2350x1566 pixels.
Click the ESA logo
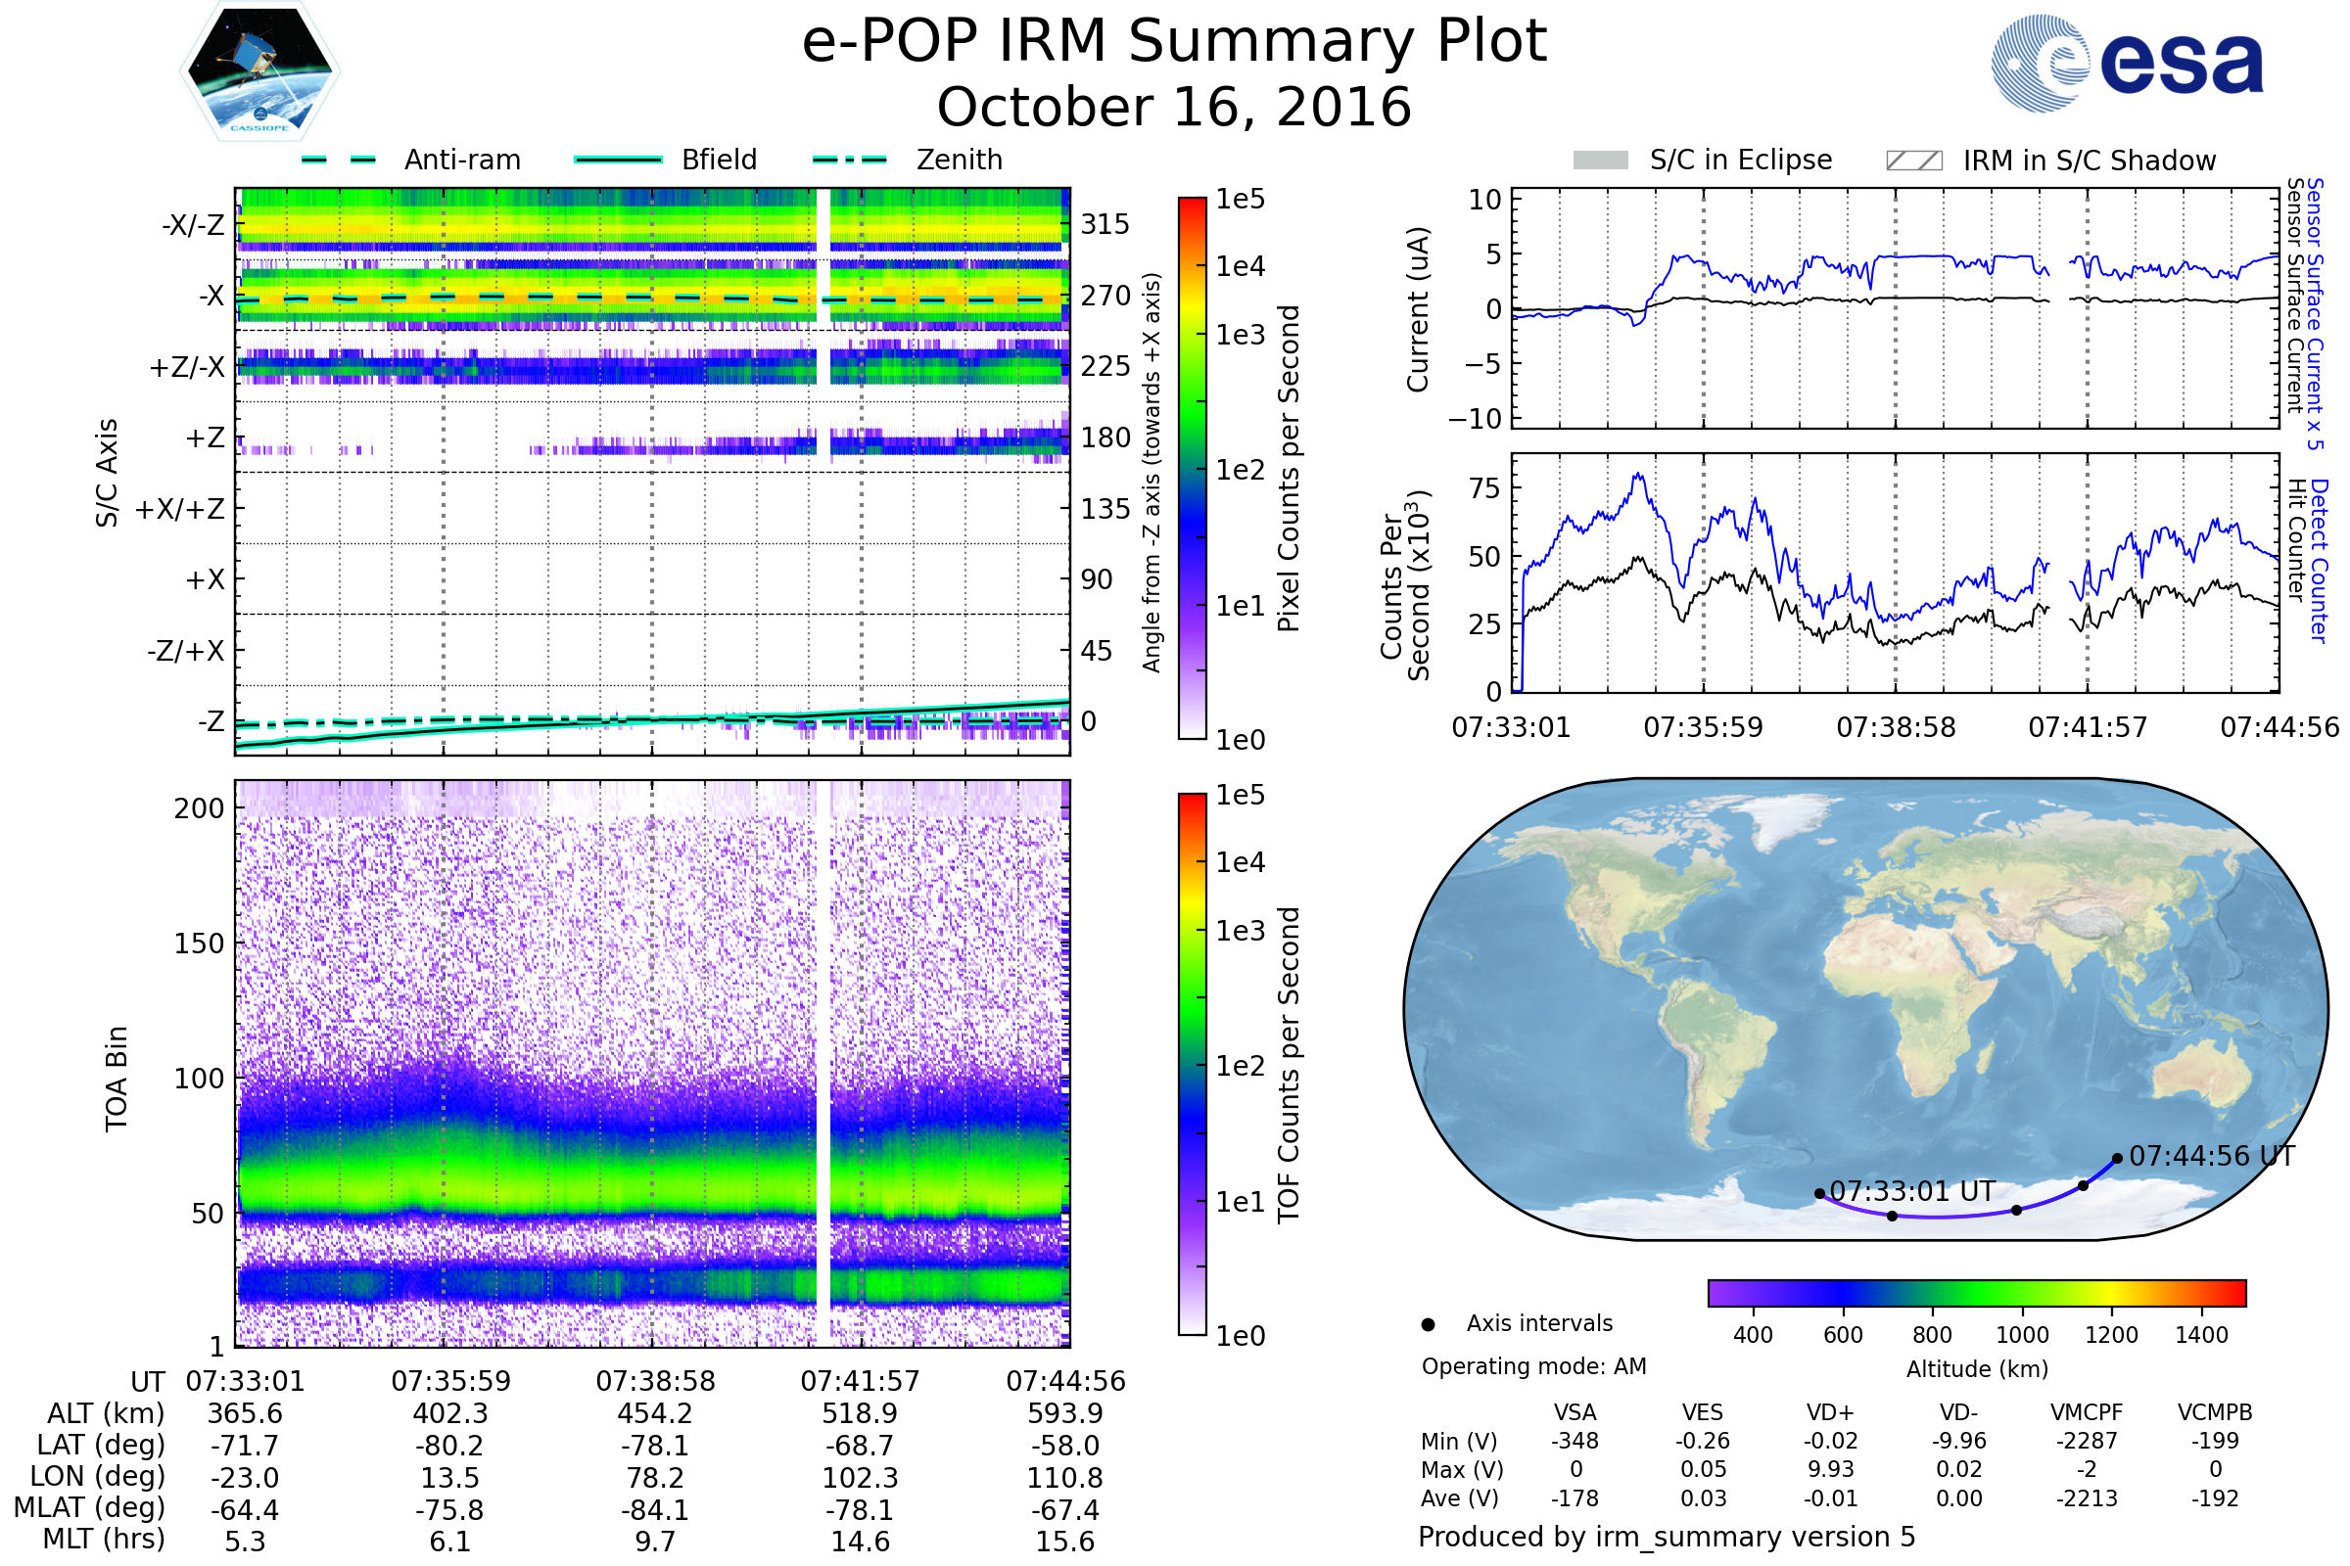point(2127,63)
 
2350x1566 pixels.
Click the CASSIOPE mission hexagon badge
point(259,70)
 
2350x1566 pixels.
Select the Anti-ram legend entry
point(410,160)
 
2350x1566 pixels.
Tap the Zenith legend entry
point(908,160)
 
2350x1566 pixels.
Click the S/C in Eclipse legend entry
point(1703,161)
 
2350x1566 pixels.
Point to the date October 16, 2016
point(1174,107)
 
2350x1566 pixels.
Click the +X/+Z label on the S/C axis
point(180,509)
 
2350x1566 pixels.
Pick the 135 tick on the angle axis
point(1104,509)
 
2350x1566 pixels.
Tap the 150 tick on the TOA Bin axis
point(199,944)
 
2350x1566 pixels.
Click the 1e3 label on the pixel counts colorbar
point(1240,335)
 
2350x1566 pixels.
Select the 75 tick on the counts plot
point(1484,488)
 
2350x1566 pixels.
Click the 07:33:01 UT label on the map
point(1912,1191)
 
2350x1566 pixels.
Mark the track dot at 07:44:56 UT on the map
point(2117,1159)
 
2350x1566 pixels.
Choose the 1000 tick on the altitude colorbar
point(2022,1335)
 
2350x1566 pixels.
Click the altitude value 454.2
point(655,1414)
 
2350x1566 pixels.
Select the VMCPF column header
point(2087,1413)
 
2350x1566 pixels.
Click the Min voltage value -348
point(1574,1441)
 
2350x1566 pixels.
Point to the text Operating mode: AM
point(1533,1366)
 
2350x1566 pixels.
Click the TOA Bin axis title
point(117,1079)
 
